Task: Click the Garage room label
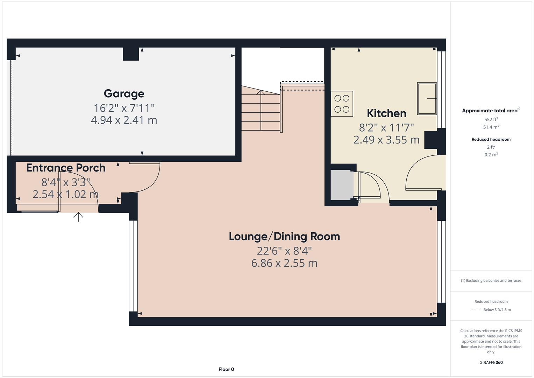tap(124, 94)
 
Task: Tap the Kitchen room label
tap(386, 113)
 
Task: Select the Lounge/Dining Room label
tap(284, 237)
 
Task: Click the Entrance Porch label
tap(66, 168)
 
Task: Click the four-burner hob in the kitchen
tap(342, 104)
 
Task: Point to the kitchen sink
tap(427, 99)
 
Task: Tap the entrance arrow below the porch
tap(78, 217)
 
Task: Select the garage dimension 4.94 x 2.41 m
tap(124, 120)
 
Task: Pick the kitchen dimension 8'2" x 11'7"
tap(386, 127)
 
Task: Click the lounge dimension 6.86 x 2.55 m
tap(284, 263)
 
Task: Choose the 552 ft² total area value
tap(491, 119)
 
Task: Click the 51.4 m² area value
tap(491, 127)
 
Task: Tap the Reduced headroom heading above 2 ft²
tap(491, 139)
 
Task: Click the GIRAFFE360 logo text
tap(491, 363)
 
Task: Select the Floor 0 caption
tap(226, 369)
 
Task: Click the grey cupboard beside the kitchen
tap(342, 185)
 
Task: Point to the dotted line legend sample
tap(476, 310)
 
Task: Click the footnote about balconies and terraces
tap(491, 280)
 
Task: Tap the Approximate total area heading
tap(490, 111)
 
